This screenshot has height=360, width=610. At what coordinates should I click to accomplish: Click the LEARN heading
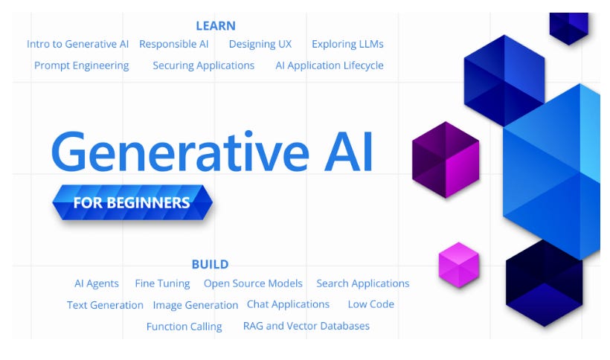coord(216,26)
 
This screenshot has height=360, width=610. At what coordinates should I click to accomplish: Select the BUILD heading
coord(210,264)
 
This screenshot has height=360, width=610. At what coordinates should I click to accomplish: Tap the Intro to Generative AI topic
coord(77,44)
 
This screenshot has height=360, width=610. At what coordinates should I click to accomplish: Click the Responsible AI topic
coord(174,44)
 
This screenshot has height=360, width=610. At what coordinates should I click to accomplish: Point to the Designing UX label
coord(260,44)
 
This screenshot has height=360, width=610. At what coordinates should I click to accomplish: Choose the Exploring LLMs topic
coord(347,44)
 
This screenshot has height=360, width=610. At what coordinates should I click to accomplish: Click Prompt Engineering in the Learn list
coord(81,65)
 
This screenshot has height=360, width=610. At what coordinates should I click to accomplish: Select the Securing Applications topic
coord(203,65)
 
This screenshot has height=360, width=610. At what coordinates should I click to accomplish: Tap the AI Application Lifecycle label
coord(330,65)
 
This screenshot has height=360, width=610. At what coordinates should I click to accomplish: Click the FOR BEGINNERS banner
coord(132,202)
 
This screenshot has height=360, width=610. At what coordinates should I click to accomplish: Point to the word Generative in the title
coord(179,152)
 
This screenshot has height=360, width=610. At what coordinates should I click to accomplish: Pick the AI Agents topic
coord(96,283)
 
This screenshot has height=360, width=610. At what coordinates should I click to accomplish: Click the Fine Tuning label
coord(162,283)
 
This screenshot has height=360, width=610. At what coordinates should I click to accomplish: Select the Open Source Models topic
coord(253,283)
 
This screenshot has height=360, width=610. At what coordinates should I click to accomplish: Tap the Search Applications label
coord(362,283)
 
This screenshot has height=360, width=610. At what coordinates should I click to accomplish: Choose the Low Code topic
coord(370,304)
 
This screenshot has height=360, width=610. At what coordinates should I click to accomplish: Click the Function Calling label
coord(184,327)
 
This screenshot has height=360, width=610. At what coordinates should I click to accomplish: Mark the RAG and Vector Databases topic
coord(306,326)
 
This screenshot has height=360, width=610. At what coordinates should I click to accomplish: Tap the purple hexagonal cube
coord(446,160)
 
